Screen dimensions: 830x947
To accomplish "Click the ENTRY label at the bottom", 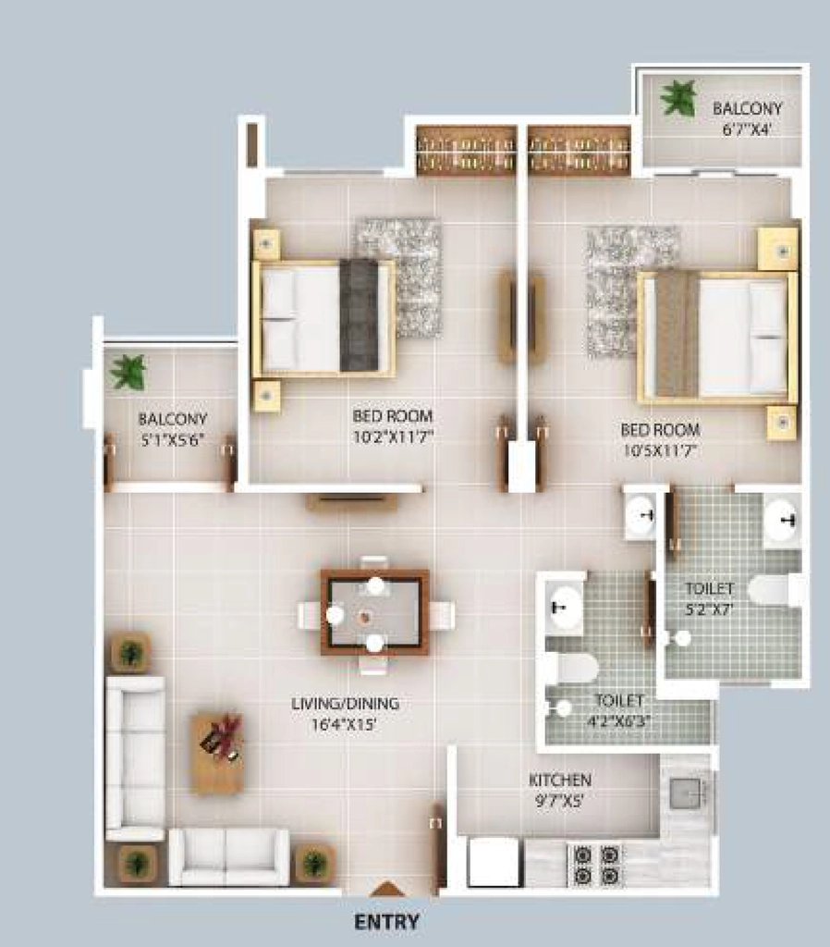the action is coord(386,922).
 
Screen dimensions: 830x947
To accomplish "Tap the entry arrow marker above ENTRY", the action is coord(386,889).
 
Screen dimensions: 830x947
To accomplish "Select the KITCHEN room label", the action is coord(559,780).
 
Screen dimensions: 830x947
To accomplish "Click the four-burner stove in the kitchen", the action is coord(594,865).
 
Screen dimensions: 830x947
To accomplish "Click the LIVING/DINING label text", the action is coord(345,704).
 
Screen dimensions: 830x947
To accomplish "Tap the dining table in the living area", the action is coord(375,613).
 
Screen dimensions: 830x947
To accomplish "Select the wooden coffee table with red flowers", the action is coord(218,753).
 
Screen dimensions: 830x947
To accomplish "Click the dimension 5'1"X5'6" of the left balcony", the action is coord(172,440).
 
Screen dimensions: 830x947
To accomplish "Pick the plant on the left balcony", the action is coord(128,371).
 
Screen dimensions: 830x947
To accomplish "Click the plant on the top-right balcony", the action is coord(678,98).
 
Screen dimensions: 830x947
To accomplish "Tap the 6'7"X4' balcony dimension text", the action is coord(747,129).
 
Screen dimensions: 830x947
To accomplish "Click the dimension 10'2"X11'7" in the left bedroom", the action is coord(393,437).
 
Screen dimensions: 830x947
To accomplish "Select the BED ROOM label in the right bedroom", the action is coord(660,429).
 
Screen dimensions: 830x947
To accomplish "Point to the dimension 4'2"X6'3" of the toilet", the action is coord(620,720).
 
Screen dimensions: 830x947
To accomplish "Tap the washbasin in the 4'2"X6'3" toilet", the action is coord(565,606).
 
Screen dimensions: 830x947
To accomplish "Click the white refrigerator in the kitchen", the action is coord(494,863).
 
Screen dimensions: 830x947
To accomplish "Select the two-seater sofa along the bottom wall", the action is coord(229,857).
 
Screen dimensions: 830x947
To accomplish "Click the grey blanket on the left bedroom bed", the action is coord(360,315).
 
